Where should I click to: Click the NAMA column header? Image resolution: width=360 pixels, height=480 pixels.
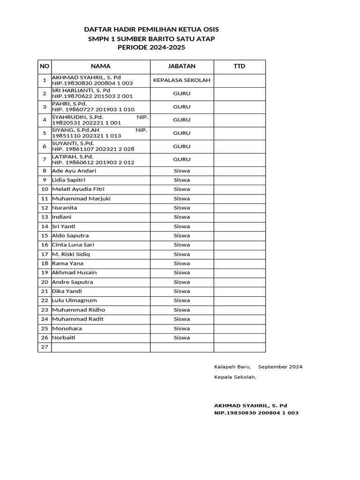100,67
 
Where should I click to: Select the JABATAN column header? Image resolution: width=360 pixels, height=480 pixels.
181,67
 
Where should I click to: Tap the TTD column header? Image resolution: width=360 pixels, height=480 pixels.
239,67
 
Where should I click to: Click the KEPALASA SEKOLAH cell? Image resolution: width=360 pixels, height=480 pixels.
181,80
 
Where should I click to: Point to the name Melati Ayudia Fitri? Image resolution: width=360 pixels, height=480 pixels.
78,189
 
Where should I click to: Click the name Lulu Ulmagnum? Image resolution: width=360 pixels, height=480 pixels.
74,300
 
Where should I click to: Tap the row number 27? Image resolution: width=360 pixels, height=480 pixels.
45,347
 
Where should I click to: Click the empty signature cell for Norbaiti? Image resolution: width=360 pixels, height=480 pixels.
239,337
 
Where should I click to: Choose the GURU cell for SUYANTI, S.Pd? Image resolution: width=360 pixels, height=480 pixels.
181,146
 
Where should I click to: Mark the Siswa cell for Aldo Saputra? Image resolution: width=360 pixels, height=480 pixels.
181,236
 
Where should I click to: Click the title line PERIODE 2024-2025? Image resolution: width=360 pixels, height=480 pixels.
151,48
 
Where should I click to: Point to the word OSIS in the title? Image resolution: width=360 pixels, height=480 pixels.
210,29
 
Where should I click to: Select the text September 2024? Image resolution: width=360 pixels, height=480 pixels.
280,367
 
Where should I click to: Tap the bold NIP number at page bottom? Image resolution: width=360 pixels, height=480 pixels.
256,413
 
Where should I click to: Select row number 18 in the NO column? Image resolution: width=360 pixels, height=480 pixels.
45,263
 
